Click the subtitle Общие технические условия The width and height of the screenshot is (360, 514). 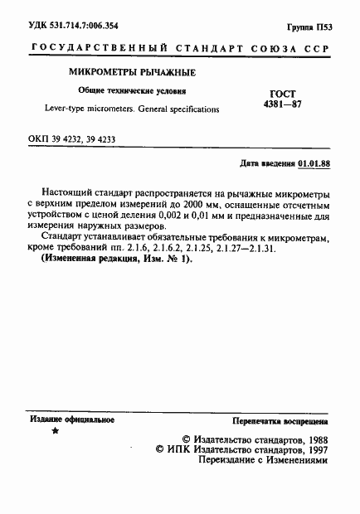click(126, 92)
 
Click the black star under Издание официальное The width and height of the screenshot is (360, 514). click(56, 432)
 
